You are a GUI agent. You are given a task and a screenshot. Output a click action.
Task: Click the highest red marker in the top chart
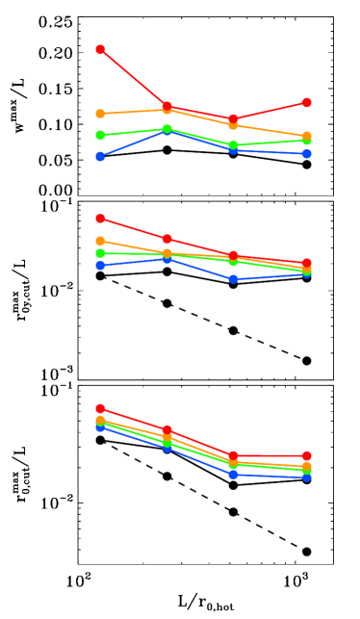pos(100,49)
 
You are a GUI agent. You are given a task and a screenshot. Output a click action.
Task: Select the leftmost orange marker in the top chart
pos(100,114)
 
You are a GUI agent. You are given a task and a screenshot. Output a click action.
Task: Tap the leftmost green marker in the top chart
pos(100,135)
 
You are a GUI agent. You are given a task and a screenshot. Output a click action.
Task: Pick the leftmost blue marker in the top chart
pos(100,156)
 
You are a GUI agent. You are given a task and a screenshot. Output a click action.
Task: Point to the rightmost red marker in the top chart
pos(306,102)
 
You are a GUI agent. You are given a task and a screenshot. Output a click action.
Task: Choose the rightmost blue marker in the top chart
pos(306,153)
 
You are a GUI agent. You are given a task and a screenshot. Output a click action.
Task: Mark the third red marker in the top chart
pos(233,118)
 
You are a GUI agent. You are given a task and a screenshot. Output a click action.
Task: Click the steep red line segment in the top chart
pos(134,78)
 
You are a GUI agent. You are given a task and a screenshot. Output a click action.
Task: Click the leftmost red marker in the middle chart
pos(100,219)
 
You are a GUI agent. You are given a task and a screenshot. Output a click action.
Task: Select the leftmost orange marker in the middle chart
pos(100,241)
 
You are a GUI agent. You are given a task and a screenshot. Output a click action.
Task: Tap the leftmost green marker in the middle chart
pos(100,253)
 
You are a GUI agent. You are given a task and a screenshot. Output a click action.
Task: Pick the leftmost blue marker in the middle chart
pos(100,265)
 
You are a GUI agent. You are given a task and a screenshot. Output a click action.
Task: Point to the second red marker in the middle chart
pos(167,239)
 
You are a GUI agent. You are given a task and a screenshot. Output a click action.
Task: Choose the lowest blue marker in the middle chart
pos(233,278)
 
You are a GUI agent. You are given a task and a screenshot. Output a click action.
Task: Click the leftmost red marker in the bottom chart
pos(100,408)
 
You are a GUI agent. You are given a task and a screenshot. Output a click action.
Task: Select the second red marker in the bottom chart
pos(167,429)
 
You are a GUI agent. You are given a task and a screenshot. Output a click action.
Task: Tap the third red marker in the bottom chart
pos(233,455)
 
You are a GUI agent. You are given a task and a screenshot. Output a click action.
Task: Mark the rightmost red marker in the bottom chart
pos(306,455)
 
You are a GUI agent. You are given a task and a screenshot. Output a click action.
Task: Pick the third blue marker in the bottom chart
pos(233,474)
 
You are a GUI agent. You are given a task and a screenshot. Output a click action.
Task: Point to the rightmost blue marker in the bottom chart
pos(306,477)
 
